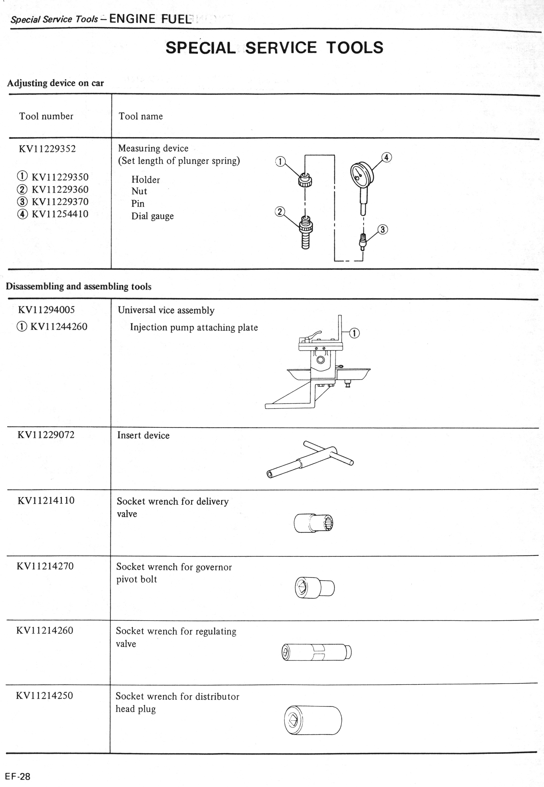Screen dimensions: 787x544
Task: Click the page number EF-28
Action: (18, 776)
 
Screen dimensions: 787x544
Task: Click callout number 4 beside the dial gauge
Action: (386, 157)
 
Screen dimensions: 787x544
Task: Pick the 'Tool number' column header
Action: (46, 116)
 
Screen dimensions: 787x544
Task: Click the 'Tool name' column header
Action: (140, 116)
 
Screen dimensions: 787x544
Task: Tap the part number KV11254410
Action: (60, 214)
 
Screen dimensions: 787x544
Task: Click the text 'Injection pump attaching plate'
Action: (194, 327)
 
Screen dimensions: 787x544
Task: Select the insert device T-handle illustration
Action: (310, 459)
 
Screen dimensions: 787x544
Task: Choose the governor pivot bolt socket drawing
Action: (314, 588)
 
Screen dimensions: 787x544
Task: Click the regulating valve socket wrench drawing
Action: (316, 653)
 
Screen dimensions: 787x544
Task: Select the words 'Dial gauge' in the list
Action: (152, 216)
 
